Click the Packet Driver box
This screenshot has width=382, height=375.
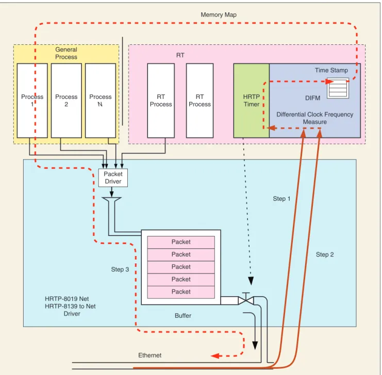pyautogui.click(x=113, y=178)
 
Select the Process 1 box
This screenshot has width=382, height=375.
pyautogui.click(x=32, y=100)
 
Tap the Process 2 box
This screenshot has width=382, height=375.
pyautogui.click(x=67, y=100)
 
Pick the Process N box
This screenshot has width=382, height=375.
pyautogui.click(x=101, y=100)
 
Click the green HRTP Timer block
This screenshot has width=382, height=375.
pyautogui.click(x=252, y=100)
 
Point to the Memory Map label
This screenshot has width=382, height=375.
pyautogui.click(x=219, y=15)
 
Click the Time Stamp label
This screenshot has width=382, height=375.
pyautogui.click(x=331, y=70)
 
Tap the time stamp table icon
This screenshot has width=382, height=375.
pyautogui.click(x=338, y=88)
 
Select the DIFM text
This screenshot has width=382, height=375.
pyautogui.click(x=312, y=98)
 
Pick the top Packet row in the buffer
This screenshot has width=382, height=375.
pyautogui.click(x=181, y=242)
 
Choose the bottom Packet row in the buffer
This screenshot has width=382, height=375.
pyautogui.click(x=181, y=292)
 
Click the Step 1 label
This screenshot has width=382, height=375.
pyautogui.click(x=281, y=199)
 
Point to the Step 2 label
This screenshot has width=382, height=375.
pyautogui.click(x=325, y=254)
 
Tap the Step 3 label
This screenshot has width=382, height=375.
pyautogui.click(x=120, y=269)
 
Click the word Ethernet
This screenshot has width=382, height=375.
pyautogui.click(x=150, y=355)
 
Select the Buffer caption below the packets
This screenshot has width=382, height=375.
pyautogui.click(x=183, y=316)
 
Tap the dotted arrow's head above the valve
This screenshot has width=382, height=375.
pyautogui.click(x=251, y=281)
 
